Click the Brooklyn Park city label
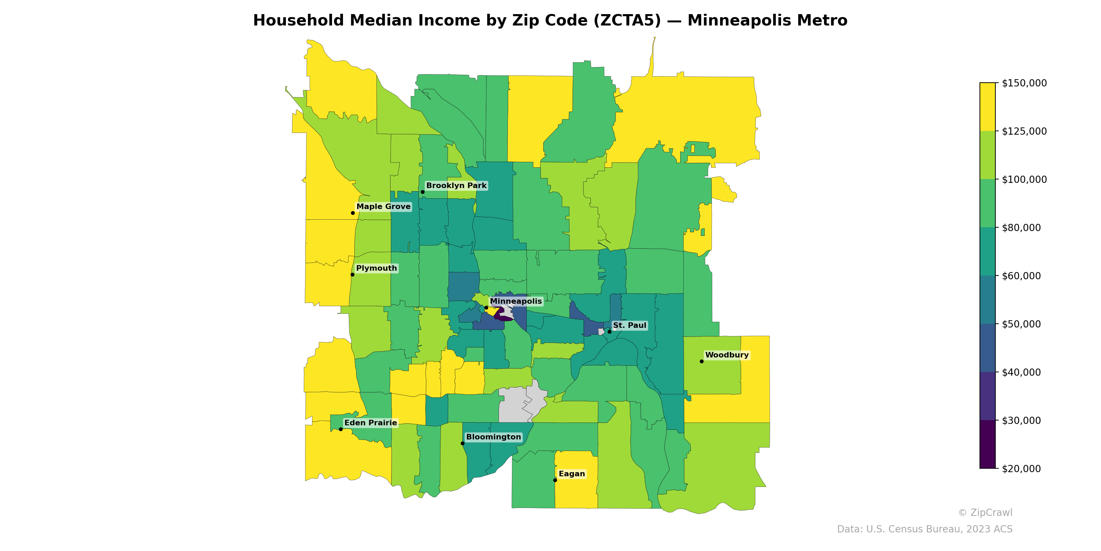point(456,186)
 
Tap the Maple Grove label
point(383,207)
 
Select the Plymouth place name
point(376,268)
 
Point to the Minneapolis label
point(515,301)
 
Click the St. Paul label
point(630,325)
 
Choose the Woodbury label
point(727,355)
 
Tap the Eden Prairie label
point(371,423)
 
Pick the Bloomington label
point(493,437)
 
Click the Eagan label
point(571,474)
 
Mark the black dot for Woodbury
point(702,362)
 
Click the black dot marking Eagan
point(555,480)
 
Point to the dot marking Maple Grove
point(353,213)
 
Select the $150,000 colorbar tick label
point(1024,83)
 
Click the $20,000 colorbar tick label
point(1021,468)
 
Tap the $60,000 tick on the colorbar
point(1021,276)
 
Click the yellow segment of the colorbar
point(987,107)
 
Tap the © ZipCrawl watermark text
point(985,512)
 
